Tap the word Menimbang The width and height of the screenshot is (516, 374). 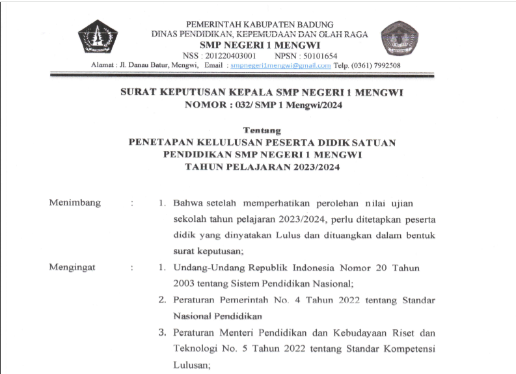[x=75, y=203]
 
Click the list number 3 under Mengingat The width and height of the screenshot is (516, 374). [x=163, y=333]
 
